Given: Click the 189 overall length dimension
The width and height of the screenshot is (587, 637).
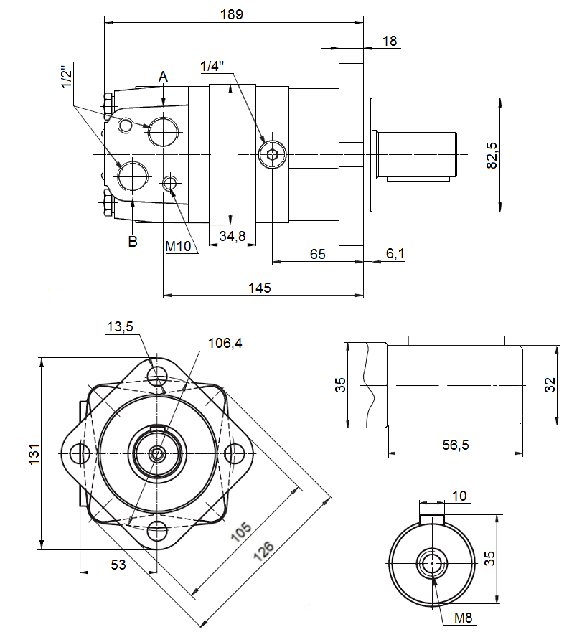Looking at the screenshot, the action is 231,14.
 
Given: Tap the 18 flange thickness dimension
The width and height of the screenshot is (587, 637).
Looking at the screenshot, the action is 390,41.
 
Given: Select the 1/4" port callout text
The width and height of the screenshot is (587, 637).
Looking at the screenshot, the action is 212,66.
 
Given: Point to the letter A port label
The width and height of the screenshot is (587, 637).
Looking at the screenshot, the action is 163,77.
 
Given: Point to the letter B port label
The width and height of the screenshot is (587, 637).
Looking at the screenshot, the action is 133,241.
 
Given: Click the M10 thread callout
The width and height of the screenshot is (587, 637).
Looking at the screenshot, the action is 178,246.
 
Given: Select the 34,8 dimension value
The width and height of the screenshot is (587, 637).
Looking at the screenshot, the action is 232,235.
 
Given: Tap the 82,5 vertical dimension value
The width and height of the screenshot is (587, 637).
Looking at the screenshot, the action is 492,155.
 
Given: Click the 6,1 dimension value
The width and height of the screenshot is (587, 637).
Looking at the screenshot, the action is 395,253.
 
